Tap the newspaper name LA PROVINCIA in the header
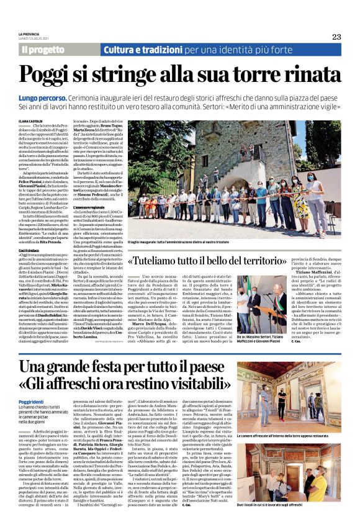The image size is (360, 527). pyautogui.click(x=29, y=34)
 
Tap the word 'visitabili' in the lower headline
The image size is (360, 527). pyautogui.click(x=187, y=386)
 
